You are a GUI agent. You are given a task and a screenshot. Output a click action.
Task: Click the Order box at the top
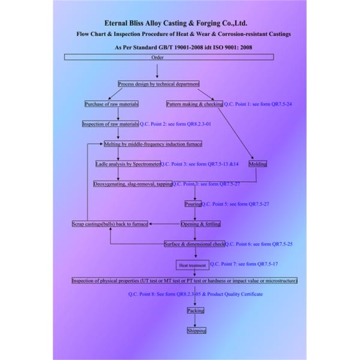click(157, 57)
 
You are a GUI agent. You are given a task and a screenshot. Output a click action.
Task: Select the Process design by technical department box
click(158, 84)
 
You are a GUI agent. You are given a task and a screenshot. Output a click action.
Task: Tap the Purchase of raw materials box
click(112, 104)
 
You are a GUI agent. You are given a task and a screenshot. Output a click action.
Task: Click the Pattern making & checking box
click(194, 104)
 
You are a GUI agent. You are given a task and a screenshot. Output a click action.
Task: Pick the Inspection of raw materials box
click(110, 124)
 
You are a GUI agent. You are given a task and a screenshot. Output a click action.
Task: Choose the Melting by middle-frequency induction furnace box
click(152, 144)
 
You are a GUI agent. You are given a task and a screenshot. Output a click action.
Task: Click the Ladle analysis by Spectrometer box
click(128, 164)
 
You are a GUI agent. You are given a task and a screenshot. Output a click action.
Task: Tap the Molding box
click(257, 164)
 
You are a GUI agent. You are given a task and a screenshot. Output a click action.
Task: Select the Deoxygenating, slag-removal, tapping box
click(133, 184)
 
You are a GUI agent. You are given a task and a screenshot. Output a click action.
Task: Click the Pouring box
click(193, 204)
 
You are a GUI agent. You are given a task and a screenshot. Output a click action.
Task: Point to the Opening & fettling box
click(200, 224)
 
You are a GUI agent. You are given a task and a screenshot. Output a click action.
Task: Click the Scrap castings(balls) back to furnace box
click(110, 224)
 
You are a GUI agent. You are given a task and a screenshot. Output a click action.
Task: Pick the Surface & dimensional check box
click(194, 244)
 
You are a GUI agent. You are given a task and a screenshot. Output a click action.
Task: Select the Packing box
click(195, 310)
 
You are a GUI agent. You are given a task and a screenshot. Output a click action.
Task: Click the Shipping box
click(196, 330)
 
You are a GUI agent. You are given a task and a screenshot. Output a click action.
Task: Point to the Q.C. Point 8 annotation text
click(195, 294)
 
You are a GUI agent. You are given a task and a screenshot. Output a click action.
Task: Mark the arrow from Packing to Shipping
click(195, 320)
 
